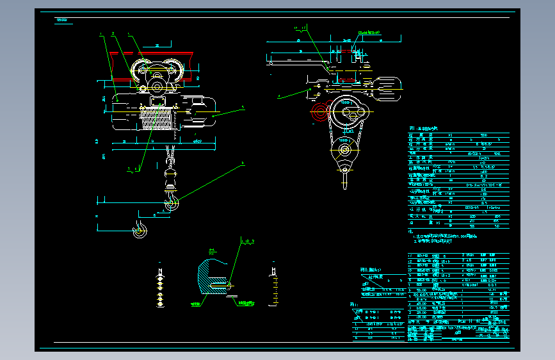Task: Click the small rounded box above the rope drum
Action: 156,100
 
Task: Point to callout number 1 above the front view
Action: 101,36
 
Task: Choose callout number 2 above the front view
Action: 113,33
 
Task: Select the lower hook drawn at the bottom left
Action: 138,229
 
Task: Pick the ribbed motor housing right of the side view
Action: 386,89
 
